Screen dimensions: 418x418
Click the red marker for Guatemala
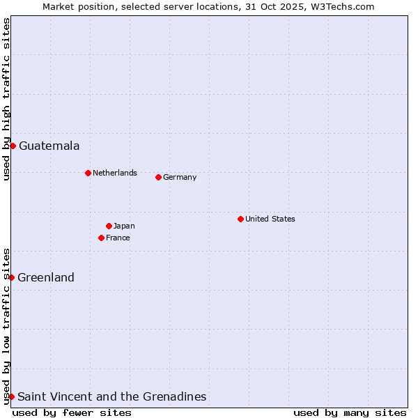[13, 146]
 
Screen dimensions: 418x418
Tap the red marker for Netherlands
[88, 173]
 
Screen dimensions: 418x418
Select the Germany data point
[158, 177]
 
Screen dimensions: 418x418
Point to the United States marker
[240, 219]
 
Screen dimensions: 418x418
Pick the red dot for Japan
[109, 226]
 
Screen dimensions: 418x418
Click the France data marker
[101, 238]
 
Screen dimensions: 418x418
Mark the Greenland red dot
[11, 277]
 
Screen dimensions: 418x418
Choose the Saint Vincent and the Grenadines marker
[11, 396]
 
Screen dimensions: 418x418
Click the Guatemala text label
[49, 146]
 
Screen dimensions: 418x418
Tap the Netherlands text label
[114, 173]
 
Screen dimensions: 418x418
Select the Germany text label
[180, 177]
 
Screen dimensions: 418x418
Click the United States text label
[270, 219]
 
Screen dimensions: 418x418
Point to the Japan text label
[124, 226]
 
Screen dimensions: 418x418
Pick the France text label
[118, 238]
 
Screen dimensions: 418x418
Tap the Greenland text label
[46, 277]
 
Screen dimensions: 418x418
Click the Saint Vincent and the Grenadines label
[111, 396]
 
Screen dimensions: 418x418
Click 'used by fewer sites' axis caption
[72, 412]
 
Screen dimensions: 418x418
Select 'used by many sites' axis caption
[350, 412]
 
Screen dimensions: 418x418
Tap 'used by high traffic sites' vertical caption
[6, 99]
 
